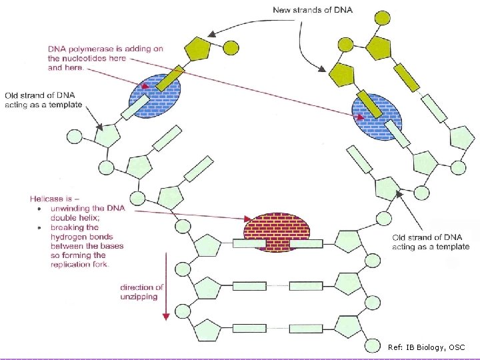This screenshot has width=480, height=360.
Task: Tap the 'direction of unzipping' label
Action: [x=142, y=292]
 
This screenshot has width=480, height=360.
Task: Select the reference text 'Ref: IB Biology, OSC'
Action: [x=426, y=347]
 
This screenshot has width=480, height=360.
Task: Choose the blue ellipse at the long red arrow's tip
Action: [x=377, y=117]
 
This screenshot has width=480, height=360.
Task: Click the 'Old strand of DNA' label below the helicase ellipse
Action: [x=431, y=242]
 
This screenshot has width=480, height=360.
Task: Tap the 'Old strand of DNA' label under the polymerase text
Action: [x=44, y=100]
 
